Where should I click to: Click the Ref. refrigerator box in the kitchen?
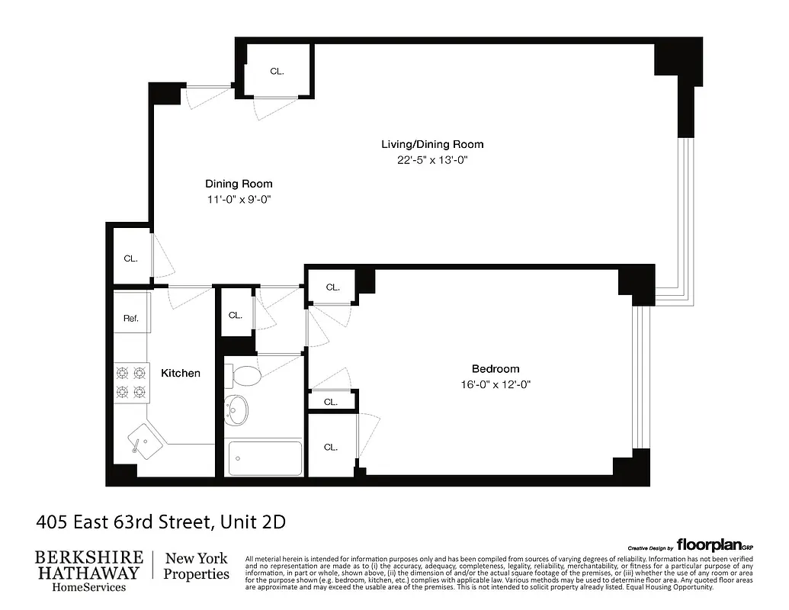click(131, 318)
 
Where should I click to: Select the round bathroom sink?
click(238, 409)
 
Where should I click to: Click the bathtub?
click(265, 457)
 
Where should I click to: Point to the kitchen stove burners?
click(130, 383)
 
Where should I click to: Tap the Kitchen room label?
click(181, 373)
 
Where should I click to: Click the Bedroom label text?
click(496, 369)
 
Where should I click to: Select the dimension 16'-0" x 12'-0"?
click(496, 385)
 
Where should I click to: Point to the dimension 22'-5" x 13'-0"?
click(431, 160)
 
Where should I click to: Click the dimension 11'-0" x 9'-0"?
click(239, 200)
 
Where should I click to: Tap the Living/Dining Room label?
click(431, 144)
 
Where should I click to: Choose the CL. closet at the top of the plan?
click(277, 71)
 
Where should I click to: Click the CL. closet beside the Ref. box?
click(131, 258)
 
